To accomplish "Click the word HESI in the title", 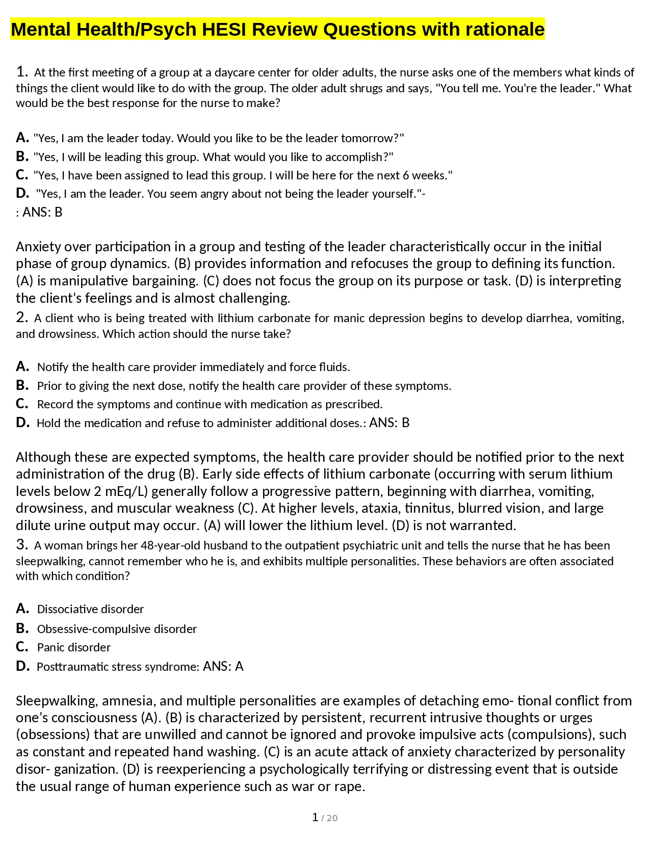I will coord(224,30).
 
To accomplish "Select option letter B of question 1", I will coord(22,156).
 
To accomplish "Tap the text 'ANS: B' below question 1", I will coord(42,213).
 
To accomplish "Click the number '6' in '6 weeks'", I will coord(406,176).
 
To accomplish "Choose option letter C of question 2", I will coord(22,404).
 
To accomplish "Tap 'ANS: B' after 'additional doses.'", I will coord(389,423).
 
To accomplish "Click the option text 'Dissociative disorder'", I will coord(90,610).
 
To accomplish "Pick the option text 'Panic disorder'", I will coord(74,647).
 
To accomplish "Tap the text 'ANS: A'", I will coord(223,667).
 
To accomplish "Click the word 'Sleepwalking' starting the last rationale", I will coord(56,701).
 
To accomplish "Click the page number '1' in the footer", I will coord(315,818).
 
